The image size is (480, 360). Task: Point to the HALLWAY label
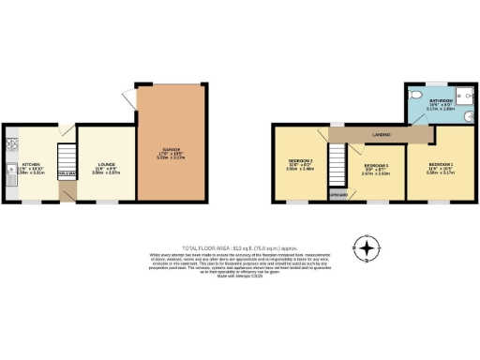[x=66, y=174]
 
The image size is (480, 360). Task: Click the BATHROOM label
[x=441, y=97]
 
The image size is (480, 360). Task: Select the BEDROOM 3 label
[x=301, y=161]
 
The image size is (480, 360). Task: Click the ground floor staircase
[x=66, y=157]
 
